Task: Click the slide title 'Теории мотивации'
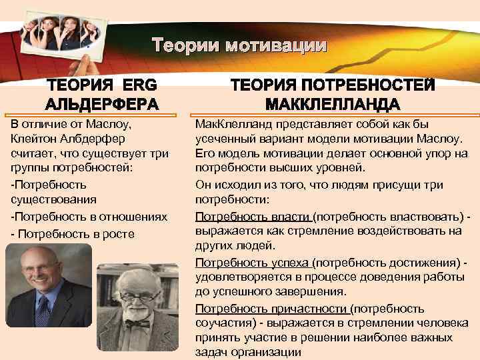coord(239,46)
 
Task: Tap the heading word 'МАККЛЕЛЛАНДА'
coord(333,105)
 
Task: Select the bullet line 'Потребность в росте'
coord(73,233)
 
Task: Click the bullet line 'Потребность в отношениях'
coord(89,217)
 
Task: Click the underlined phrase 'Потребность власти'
coord(253,217)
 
